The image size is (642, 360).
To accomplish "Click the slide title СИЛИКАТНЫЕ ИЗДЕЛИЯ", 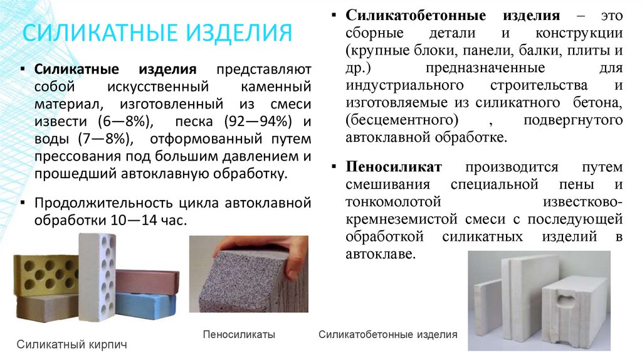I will click(x=157, y=32).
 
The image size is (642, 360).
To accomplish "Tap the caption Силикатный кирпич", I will click(x=71, y=345).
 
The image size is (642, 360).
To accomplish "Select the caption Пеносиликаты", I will click(x=239, y=335).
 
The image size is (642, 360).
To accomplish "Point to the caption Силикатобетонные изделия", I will click(x=388, y=335).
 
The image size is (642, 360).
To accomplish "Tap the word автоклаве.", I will click(x=379, y=254).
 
